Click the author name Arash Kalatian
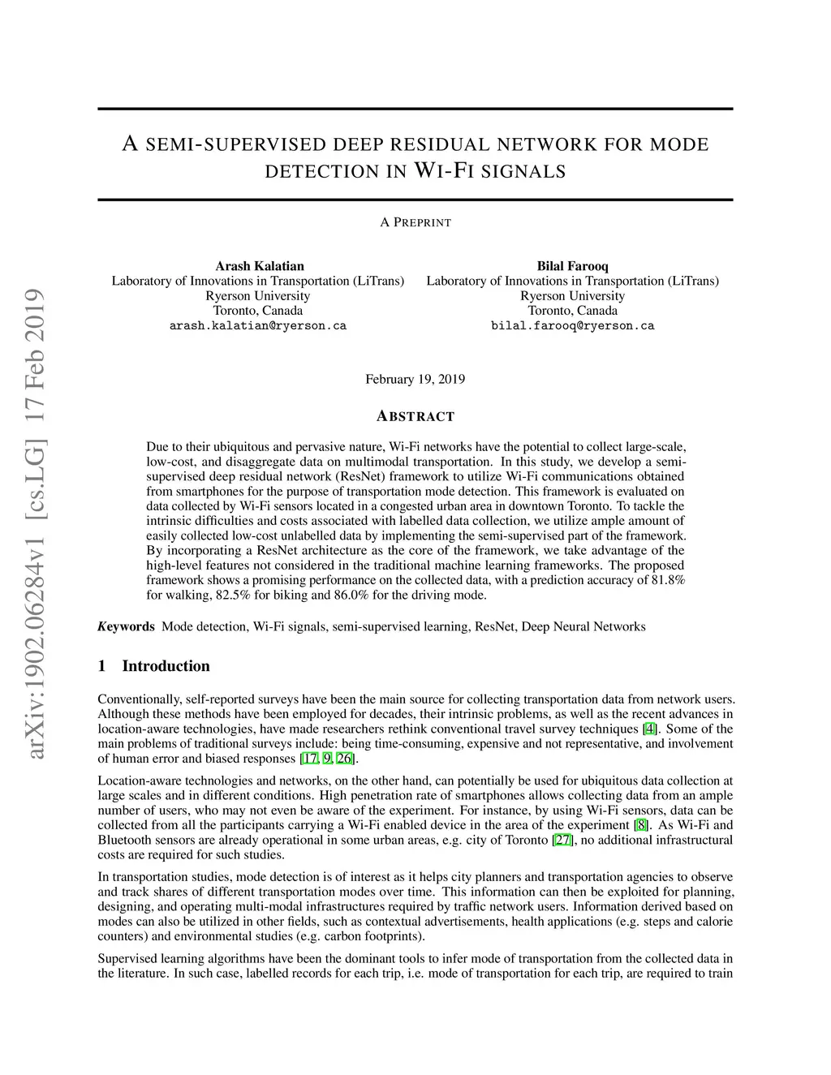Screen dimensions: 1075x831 click(x=260, y=266)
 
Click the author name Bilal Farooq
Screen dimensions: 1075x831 click(x=572, y=266)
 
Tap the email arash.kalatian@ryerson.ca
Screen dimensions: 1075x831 click(x=258, y=325)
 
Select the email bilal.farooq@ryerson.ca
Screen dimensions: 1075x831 click(x=572, y=325)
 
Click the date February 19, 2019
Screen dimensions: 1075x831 click(x=415, y=379)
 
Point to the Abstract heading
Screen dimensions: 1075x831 click(x=415, y=416)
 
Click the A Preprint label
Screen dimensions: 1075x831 click(x=415, y=222)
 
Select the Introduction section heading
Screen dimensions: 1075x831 click(x=166, y=666)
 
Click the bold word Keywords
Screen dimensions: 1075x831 click(x=126, y=626)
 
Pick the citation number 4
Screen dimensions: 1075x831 click(x=650, y=729)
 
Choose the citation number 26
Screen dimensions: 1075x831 click(x=344, y=759)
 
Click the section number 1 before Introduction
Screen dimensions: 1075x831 click(x=102, y=666)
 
